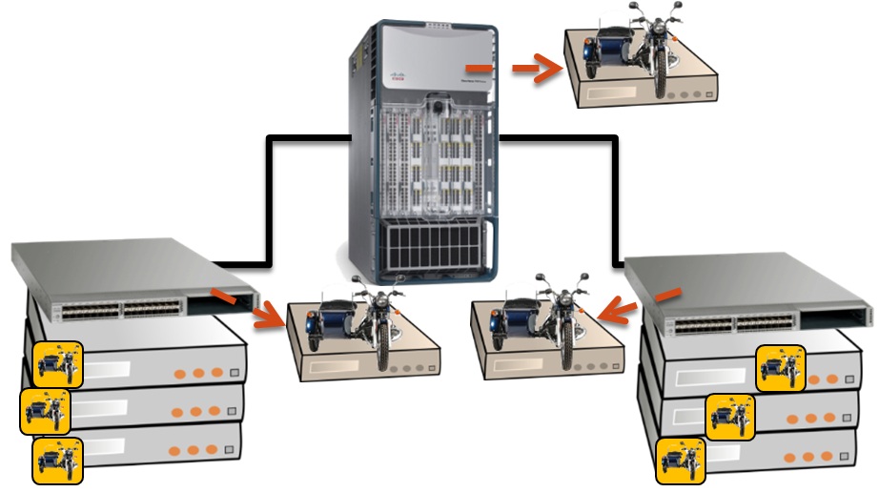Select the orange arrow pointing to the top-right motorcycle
pyautogui.click(x=538, y=68)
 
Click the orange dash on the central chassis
pyautogui.click(x=479, y=69)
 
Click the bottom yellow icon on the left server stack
pyautogui.click(x=56, y=459)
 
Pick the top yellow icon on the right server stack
pyautogui.click(x=781, y=368)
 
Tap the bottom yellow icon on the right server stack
pyautogui.click(x=681, y=461)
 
